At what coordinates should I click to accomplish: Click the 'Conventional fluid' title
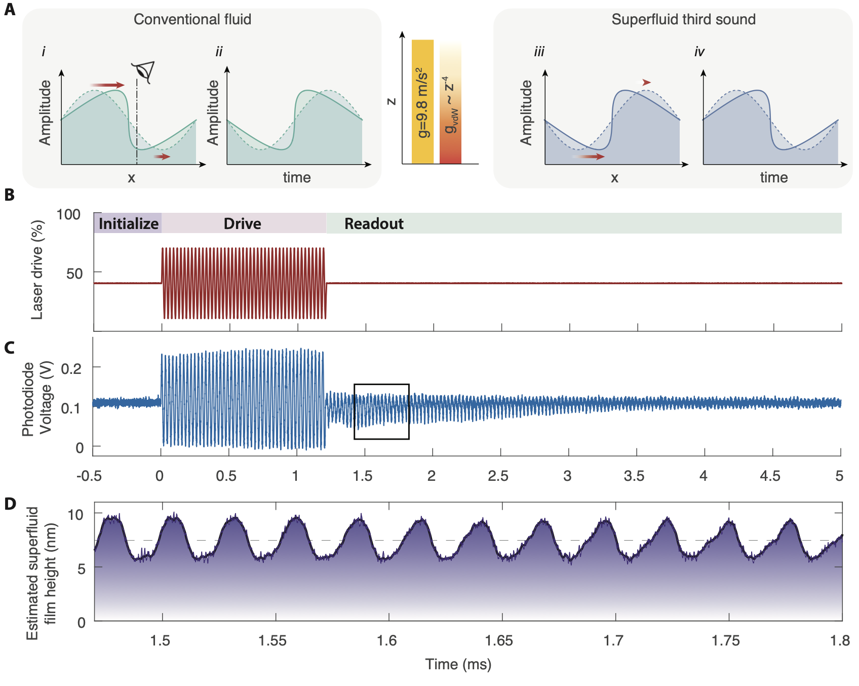click(192, 20)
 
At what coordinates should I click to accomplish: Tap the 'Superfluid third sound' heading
click(683, 20)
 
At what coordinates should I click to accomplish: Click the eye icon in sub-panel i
click(143, 72)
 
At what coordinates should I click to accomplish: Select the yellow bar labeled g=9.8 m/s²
click(422, 101)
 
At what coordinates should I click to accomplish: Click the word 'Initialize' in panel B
click(128, 224)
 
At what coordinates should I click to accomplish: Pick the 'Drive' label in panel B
click(243, 224)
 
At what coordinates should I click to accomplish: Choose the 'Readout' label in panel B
click(374, 224)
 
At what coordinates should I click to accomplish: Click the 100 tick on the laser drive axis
click(69, 215)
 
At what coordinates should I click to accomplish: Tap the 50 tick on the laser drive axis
click(74, 274)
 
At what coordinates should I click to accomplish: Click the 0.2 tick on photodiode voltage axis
click(71, 368)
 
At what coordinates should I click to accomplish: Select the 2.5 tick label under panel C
click(498, 476)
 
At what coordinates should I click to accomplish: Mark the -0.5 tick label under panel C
click(89, 476)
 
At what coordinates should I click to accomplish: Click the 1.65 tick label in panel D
click(499, 641)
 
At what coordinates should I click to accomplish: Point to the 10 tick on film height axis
click(75, 515)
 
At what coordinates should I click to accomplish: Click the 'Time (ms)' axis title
click(458, 664)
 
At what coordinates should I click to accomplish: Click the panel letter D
click(10, 504)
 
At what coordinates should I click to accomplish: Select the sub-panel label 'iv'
click(699, 52)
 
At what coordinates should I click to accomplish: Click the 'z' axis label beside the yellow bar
click(392, 101)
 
